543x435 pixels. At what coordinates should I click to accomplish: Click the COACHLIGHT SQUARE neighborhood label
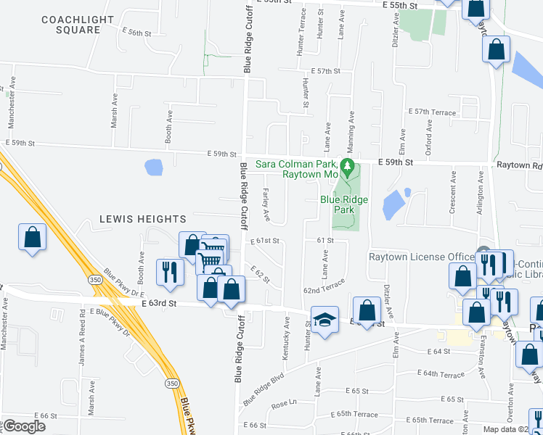coord(70,25)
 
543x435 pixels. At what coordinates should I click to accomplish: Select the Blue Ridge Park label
coord(344,204)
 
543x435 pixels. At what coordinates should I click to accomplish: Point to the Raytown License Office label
coord(421,257)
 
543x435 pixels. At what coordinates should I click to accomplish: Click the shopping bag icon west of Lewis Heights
coord(33,237)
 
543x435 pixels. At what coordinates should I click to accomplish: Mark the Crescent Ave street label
coord(452,192)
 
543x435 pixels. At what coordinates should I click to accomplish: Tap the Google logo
coord(24,426)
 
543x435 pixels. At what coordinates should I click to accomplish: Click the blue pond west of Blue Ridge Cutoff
coord(153,167)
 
